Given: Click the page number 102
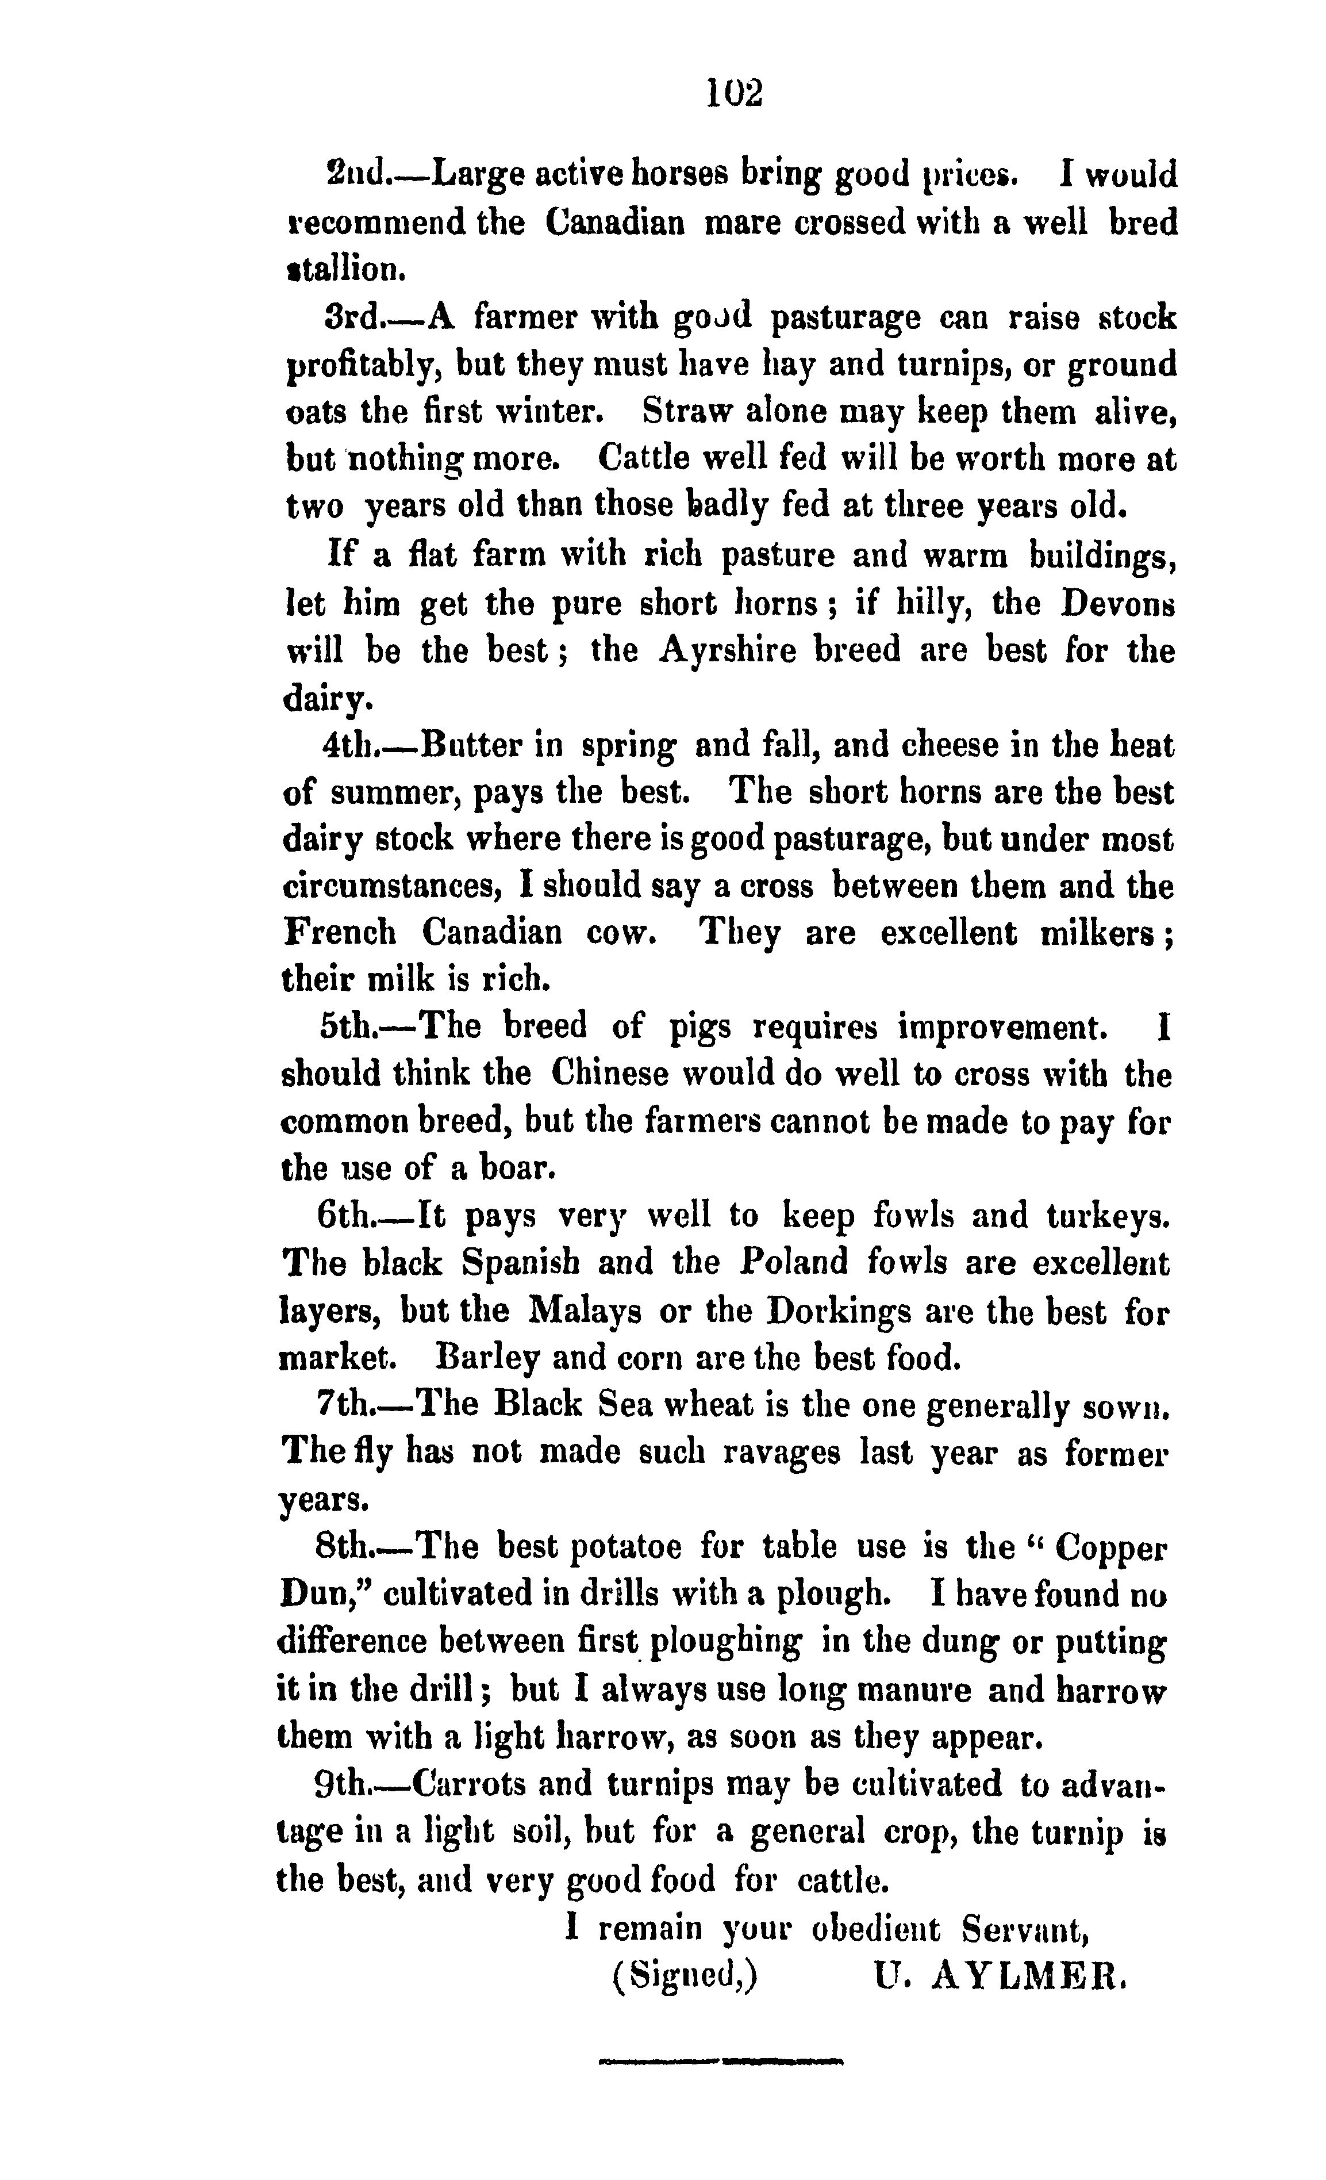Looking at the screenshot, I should tap(734, 92).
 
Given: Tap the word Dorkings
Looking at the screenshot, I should tap(839, 1309).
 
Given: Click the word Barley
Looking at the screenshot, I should tap(489, 1357).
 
